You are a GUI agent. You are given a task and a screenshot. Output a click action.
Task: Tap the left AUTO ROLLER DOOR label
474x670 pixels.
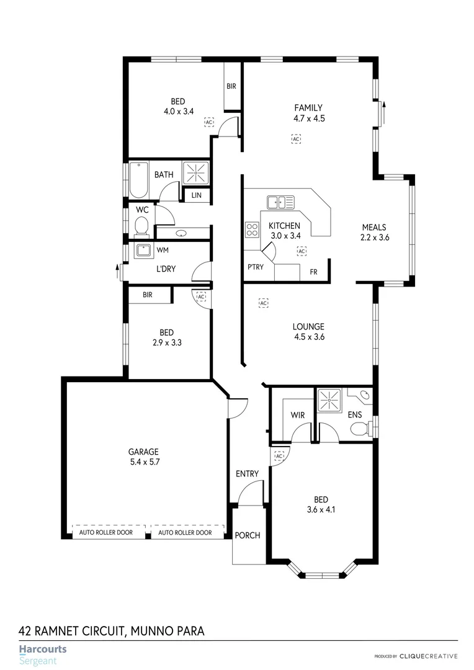[x=105, y=532]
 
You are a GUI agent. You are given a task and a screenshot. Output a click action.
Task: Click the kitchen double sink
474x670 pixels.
[x=280, y=202]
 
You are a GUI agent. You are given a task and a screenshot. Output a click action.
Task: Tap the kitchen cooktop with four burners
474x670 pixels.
[x=252, y=230]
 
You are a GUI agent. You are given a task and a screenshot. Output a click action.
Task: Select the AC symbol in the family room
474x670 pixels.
[x=296, y=139]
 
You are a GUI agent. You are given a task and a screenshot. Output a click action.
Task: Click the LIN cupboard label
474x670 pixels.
[x=197, y=195]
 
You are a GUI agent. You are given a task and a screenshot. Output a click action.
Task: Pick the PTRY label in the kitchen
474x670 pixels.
[x=254, y=267]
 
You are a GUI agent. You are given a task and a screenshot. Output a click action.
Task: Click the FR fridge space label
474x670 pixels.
[x=313, y=272]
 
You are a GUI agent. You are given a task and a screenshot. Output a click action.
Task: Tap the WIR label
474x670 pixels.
[x=298, y=415]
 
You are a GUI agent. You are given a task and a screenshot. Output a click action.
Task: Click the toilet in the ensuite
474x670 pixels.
[x=359, y=429]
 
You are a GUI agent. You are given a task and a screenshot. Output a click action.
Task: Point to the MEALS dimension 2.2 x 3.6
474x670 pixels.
[x=374, y=236]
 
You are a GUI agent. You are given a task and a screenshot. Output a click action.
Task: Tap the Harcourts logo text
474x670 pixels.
[x=42, y=650]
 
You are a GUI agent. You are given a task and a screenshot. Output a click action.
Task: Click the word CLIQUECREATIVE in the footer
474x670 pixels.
[x=428, y=656]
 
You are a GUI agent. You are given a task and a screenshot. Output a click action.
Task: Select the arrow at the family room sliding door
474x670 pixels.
[x=384, y=113]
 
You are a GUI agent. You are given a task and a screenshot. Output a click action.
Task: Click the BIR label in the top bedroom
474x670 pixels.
[x=231, y=86]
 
